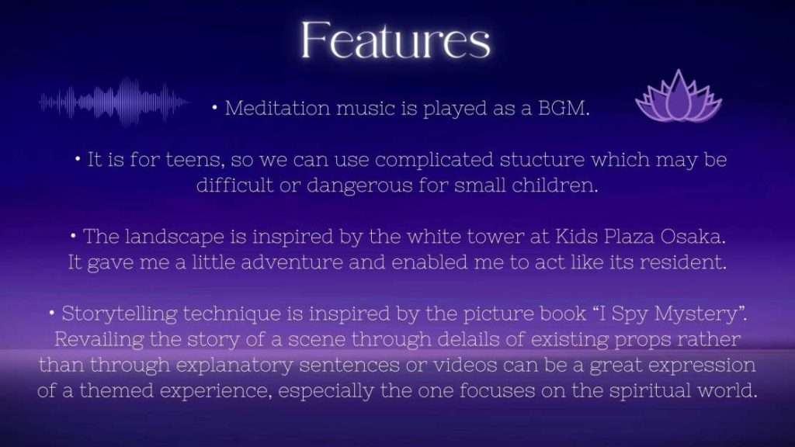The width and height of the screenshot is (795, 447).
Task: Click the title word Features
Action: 396,40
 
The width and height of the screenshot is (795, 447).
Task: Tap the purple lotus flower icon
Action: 679,97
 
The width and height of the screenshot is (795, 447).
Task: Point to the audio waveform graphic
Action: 113,102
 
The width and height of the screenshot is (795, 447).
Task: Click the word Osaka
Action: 693,237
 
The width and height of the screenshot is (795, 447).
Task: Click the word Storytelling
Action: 119,314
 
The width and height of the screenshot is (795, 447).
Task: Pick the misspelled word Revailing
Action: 99,340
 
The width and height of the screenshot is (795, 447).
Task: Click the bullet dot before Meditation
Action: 215,107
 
